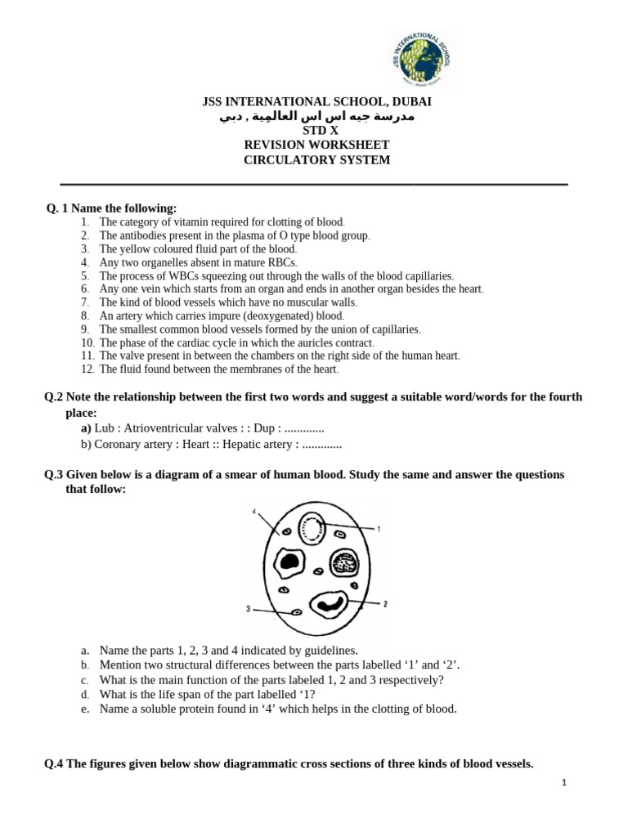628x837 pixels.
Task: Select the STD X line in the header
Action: [x=316, y=131]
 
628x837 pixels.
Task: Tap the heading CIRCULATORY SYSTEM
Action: [x=316, y=160]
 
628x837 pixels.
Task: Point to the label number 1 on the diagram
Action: [x=379, y=530]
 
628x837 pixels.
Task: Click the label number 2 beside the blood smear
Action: [x=385, y=604]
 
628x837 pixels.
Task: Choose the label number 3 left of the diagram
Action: [x=247, y=609]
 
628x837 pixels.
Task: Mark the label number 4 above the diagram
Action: [x=254, y=512]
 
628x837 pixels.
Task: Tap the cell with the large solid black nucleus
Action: [x=288, y=561]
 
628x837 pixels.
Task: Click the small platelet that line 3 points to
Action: [x=297, y=612]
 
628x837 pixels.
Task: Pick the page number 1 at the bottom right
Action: [x=564, y=782]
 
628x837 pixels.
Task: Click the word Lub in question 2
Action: [x=104, y=428]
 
